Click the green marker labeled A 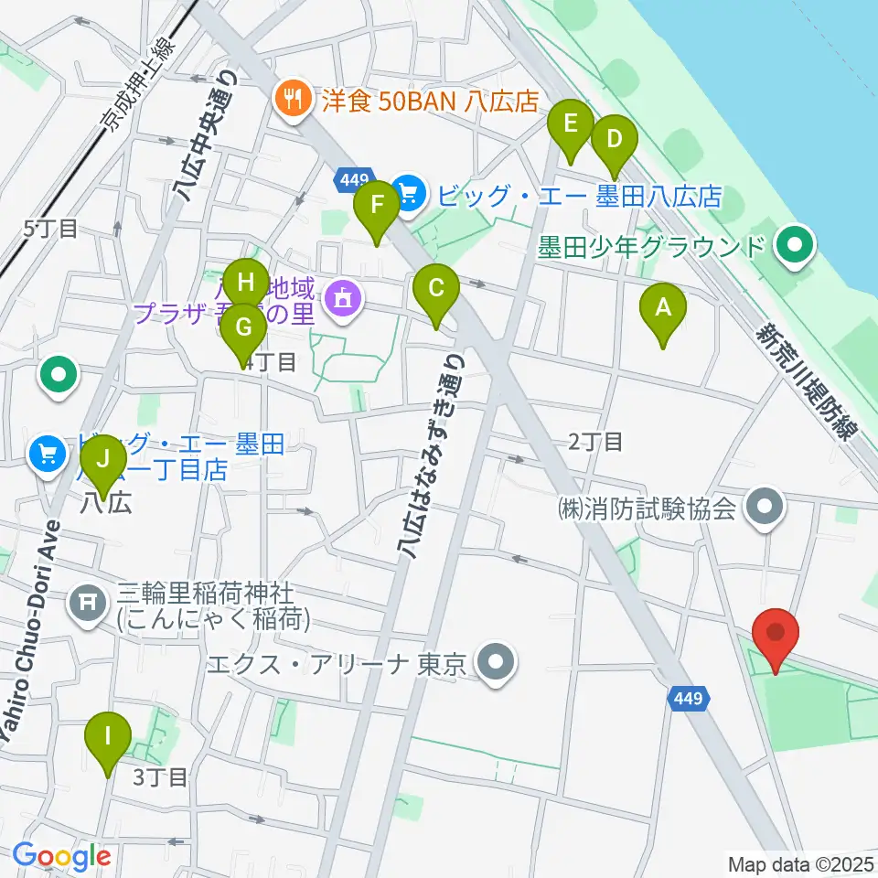[x=662, y=309]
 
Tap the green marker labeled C [x=436, y=290]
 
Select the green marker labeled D [x=614, y=141]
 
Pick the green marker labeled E [x=571, y=123]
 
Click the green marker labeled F [x=376, y=206]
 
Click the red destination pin [x=776, y=634]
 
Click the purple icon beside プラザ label [x=343, y=298]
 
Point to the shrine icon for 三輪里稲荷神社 [x=87, y=602]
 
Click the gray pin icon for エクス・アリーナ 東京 [x=498, y=661]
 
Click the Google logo [x=61, y=857]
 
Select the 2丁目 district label [x=595, y=443]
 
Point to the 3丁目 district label [x=161, y=778]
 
